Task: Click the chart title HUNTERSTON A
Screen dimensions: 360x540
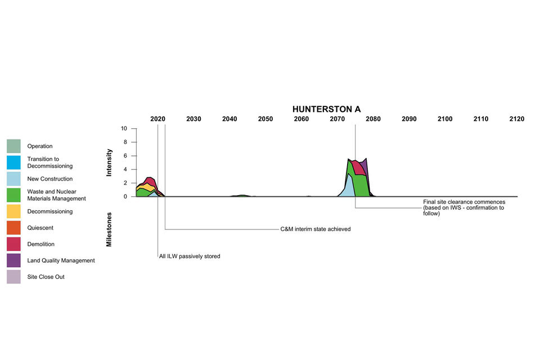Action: tap(326, 109)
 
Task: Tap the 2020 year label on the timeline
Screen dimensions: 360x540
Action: tap(158, 119)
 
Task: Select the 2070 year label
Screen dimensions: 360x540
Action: tap(337, 119)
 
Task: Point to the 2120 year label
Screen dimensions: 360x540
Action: tap(516, 119)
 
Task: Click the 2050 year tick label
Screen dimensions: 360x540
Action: tap(265, 119)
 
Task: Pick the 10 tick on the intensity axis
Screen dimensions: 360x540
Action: tap(124, 129)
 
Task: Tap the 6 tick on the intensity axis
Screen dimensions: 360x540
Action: tap(126, 156)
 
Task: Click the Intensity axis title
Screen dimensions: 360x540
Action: tap(110, 163)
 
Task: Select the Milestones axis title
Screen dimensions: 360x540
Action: tap(110, 229)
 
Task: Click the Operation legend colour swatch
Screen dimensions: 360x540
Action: tap(14, 146)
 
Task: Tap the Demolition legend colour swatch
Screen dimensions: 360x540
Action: tap(14, 244)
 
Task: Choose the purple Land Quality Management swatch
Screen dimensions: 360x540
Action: tap(14, 260)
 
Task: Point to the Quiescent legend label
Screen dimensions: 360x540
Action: tap(40, 228)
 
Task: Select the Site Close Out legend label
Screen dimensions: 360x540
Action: tap(46, 277)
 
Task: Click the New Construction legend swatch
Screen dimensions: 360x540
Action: tap(14, 179)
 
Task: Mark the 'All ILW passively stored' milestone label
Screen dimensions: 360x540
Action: tap(190, 256)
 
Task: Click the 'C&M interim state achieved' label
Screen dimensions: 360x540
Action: tap(316, 229)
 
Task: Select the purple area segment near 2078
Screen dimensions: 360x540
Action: tap(364, 168)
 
